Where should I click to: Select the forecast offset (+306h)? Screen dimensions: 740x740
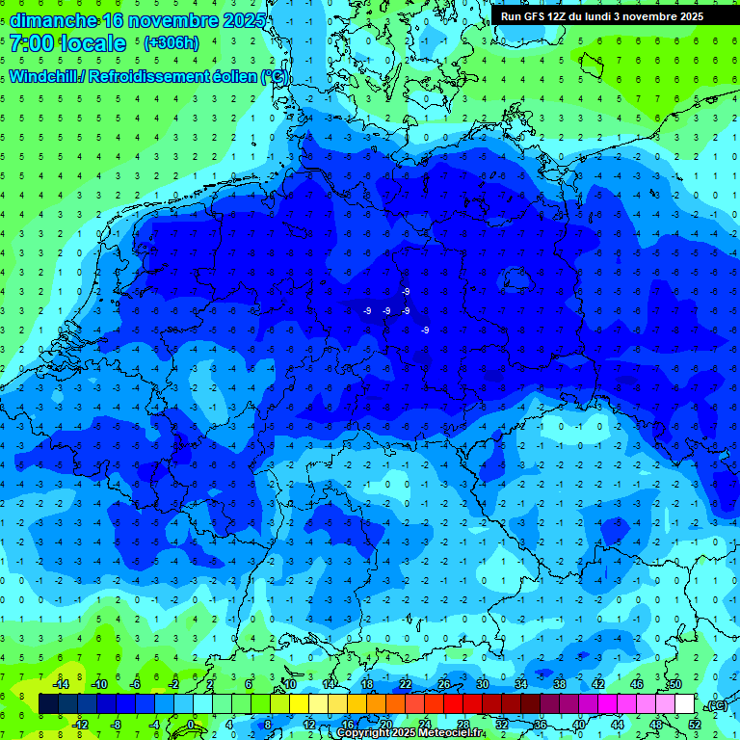[x=172, y=43]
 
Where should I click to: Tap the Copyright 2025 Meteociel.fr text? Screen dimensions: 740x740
[x=411, y=733]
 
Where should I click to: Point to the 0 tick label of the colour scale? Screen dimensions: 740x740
[x=191, y=725]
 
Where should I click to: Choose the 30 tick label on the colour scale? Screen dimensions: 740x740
[x=483, y=684]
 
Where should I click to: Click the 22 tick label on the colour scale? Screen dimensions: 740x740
[x=406, y=684]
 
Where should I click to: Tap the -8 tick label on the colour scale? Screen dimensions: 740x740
[x=117, y=725]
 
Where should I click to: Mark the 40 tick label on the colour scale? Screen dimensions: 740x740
[x=579, y=725]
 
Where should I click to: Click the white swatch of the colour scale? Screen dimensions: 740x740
[x=685, y=704]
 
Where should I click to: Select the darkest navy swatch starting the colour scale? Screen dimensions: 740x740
[x=48, y=704]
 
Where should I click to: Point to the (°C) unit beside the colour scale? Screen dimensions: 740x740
[x=716, y=704]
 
